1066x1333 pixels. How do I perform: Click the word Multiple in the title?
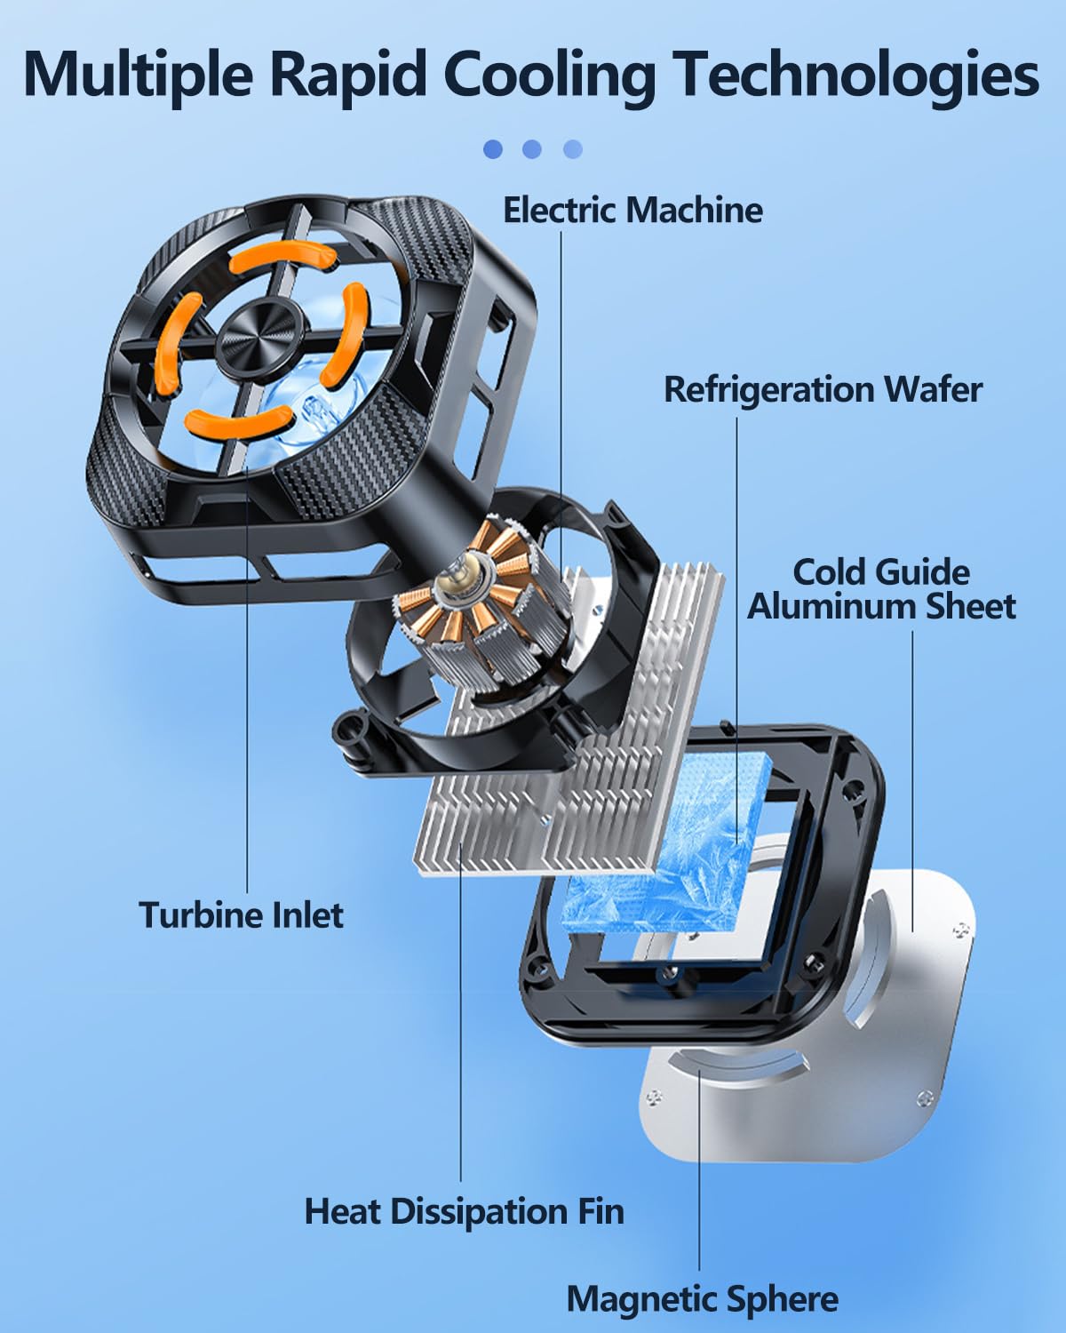click(138, 75)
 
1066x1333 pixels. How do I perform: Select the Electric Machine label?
click(632, 210)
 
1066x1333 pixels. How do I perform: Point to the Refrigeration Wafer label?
click(823, 389)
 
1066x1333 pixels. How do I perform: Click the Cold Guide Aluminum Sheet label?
click(881, 588)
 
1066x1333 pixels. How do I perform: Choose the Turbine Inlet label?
click(241, 914)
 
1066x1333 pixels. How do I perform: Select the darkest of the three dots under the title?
click(493, 148)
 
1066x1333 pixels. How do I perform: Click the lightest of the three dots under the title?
click(573, 148)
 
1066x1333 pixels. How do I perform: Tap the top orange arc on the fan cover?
click(282, 257)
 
